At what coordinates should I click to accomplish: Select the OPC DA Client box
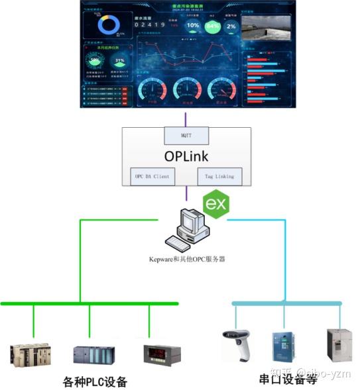[x=151, y=177]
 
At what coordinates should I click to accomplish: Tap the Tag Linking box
[x=219, y=177]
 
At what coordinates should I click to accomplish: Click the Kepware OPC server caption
[x=187, y=259]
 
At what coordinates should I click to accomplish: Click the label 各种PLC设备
[x=95, y=382]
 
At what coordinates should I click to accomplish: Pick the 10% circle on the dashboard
[x=192, y=26]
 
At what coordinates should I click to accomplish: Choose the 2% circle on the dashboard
[x=231, y=26]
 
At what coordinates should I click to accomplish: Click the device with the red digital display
[x=157, y=355]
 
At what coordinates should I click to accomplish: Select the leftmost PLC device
[x=30, y=355]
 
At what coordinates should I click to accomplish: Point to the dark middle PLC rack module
[x=93, y=356]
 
